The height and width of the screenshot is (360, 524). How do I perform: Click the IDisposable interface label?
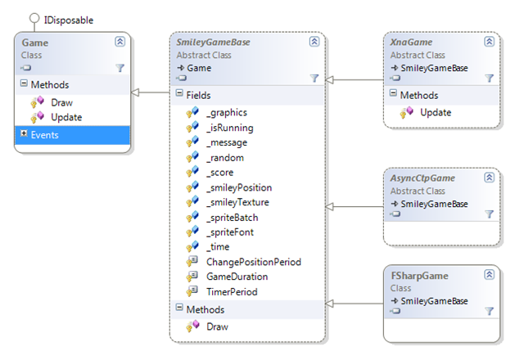click(x=69, y=20)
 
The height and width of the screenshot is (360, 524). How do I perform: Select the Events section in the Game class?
click(x=72, y=135)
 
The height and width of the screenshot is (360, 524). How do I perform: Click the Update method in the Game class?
click(x=66, y=117)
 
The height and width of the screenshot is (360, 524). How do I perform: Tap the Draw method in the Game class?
click(x=61, y=102)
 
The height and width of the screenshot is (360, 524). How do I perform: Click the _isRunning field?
click(x=230, y=128)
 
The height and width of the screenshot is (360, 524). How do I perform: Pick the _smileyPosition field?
click(x=239, y=187)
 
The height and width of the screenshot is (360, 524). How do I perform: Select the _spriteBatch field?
click(x=233, y=218)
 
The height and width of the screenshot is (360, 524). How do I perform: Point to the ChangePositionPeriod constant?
click(x=254, y=262)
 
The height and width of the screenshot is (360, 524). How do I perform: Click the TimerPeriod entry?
click(x=232, y=292)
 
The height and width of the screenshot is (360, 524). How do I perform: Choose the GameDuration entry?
click(x=237, y=277)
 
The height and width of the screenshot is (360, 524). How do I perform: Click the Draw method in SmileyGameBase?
click(x=217, y=326)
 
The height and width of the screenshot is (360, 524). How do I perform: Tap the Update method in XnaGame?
click(x=436, y=113)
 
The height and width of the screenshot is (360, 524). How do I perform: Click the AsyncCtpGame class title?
click(x=422, y=178)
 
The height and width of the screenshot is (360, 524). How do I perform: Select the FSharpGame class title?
click(x=419, y=276)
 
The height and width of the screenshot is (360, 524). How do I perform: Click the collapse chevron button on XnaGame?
click(x=489, y=42)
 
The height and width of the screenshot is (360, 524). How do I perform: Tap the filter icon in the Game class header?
click(x=120, y=68)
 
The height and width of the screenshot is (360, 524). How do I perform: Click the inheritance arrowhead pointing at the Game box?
click(x=134, y=92)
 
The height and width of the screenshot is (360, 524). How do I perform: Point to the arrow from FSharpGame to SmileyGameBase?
click(x=355, y=304)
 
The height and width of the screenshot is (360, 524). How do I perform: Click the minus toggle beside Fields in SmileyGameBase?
click(x=179, y=92)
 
